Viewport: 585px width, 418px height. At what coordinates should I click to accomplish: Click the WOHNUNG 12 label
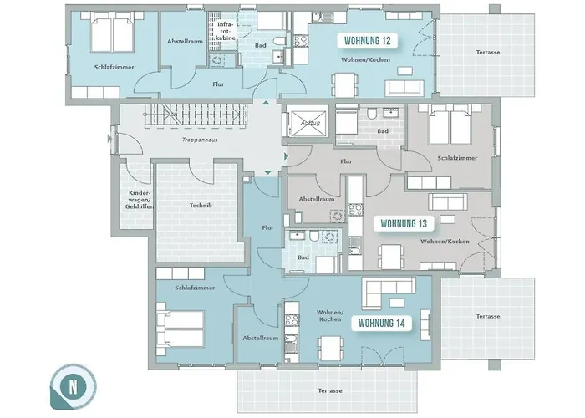(x=367, y=41)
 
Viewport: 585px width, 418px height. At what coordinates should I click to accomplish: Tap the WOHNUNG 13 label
(x=404, y=223)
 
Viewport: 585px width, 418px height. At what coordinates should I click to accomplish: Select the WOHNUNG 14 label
(x=381, y=324)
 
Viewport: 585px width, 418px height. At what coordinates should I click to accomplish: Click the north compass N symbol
(x=73, y=386)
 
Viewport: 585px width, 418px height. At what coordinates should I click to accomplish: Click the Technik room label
(x=201, y=206)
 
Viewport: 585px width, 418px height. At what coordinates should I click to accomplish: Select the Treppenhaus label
(x=200, y=140)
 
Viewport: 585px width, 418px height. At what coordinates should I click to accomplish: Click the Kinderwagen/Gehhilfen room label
(x=140, y=200)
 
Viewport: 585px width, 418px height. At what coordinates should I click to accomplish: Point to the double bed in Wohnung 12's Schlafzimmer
(x=113, y=33)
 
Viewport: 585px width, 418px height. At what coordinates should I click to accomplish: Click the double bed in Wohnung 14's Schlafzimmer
(x=181, y=329)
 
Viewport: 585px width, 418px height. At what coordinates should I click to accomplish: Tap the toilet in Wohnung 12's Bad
(x=278, y=41)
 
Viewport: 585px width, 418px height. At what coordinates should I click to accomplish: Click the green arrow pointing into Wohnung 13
(x=286, y=156)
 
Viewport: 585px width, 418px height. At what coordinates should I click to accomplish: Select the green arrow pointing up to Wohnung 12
(x=266, y=102)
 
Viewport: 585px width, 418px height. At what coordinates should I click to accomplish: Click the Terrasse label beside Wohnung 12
(x=488, y=52)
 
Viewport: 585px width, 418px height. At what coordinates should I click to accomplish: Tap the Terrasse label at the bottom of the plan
(x=330, y=390)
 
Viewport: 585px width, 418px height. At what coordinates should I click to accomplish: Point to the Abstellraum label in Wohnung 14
(x=261, y=338)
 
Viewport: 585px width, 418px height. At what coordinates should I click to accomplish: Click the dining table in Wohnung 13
(x=391, y=256)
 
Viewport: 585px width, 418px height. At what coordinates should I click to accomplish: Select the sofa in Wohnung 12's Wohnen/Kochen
(x=404, y=89)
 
